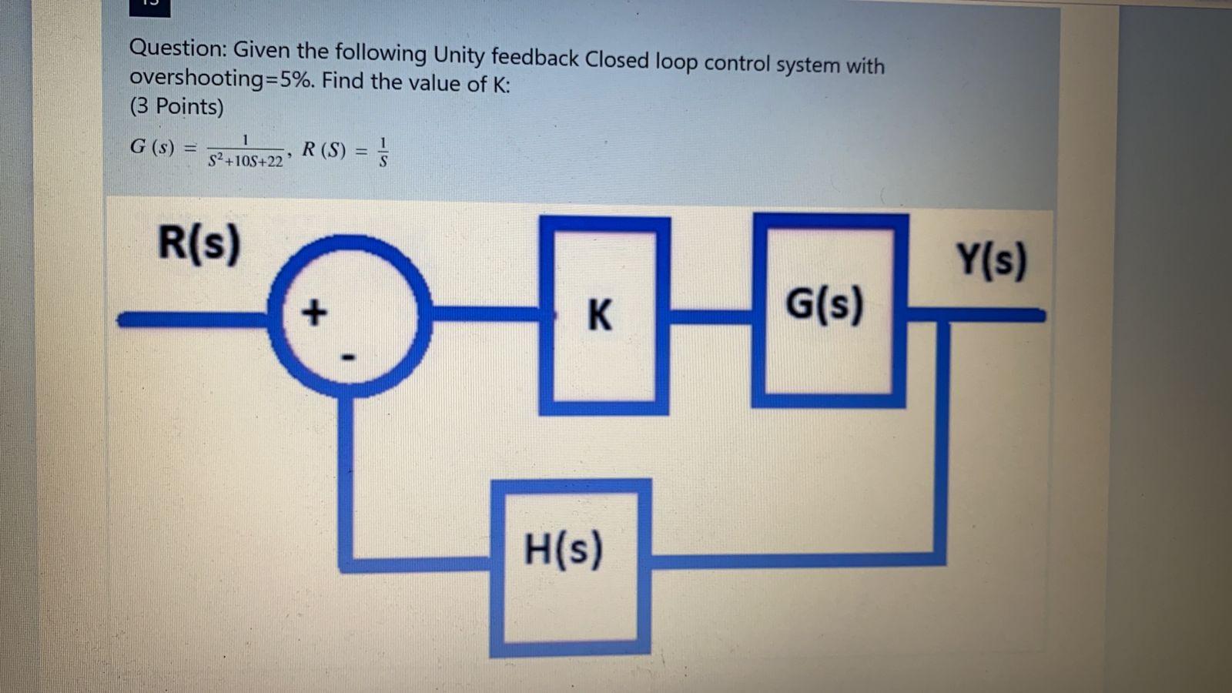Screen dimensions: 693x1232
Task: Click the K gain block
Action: tap(604, 316)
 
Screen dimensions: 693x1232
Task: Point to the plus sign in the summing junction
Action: tap(313, 313)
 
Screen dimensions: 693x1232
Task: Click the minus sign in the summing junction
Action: tap(348, 357)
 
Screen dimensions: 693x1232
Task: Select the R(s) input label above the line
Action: tap(199, 243)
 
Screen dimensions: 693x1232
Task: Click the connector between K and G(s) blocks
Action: tap(710, 313)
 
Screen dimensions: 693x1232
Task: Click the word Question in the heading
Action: tap(176, 49)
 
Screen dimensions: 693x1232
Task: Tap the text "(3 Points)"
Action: tap(176, 106)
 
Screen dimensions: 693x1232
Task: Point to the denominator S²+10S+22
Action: tap(246, 162)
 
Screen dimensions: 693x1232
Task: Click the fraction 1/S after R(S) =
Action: tap(383, 152)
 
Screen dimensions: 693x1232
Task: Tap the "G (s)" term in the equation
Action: tap(152, 146)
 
